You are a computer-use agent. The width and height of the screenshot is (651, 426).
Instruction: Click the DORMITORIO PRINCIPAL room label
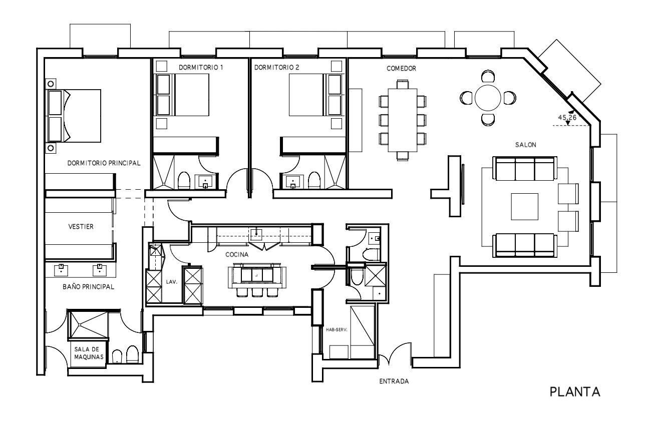[x=104, y=163]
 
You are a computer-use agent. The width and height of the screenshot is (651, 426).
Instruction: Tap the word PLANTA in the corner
[x=575, y=392]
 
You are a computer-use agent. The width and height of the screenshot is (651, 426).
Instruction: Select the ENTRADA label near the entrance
[x=394, y=381]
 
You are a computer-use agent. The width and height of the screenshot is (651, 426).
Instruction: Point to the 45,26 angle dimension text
[x=567, y=118]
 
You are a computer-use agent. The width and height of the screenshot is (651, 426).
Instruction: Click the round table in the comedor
[x=488, y=98]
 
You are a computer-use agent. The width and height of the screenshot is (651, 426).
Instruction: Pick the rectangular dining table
[x=403, y=120]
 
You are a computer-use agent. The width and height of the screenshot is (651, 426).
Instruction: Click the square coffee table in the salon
[x=525, y=207]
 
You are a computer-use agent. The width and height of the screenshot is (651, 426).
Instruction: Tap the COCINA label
[x=237, y=255]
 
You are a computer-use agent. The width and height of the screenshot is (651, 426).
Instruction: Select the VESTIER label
[x=81, y=227]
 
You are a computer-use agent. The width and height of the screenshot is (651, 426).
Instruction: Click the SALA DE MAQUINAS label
[x=89, y=353]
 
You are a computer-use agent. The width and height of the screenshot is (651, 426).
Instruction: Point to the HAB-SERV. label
[x=337, y=330]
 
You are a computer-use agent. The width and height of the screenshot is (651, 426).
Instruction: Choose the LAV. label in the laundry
[x=171, y=282]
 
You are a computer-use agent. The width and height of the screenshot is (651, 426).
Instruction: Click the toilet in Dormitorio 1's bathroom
[x=184, y=180]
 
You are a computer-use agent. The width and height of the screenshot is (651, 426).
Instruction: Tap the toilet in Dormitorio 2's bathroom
[x=314, y=180]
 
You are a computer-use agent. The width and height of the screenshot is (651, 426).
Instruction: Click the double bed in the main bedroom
[x=73, y=116]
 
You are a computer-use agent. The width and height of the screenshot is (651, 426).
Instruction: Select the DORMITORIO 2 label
[x=276, y=68]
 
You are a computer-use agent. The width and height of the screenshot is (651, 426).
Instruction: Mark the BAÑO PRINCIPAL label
[x=88, y=287]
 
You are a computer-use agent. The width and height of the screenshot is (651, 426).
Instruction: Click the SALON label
[x=525, y=145]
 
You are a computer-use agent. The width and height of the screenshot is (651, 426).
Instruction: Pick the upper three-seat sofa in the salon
[x=525, y=169]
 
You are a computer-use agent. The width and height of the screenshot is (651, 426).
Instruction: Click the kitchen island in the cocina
[x=257, y=275]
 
